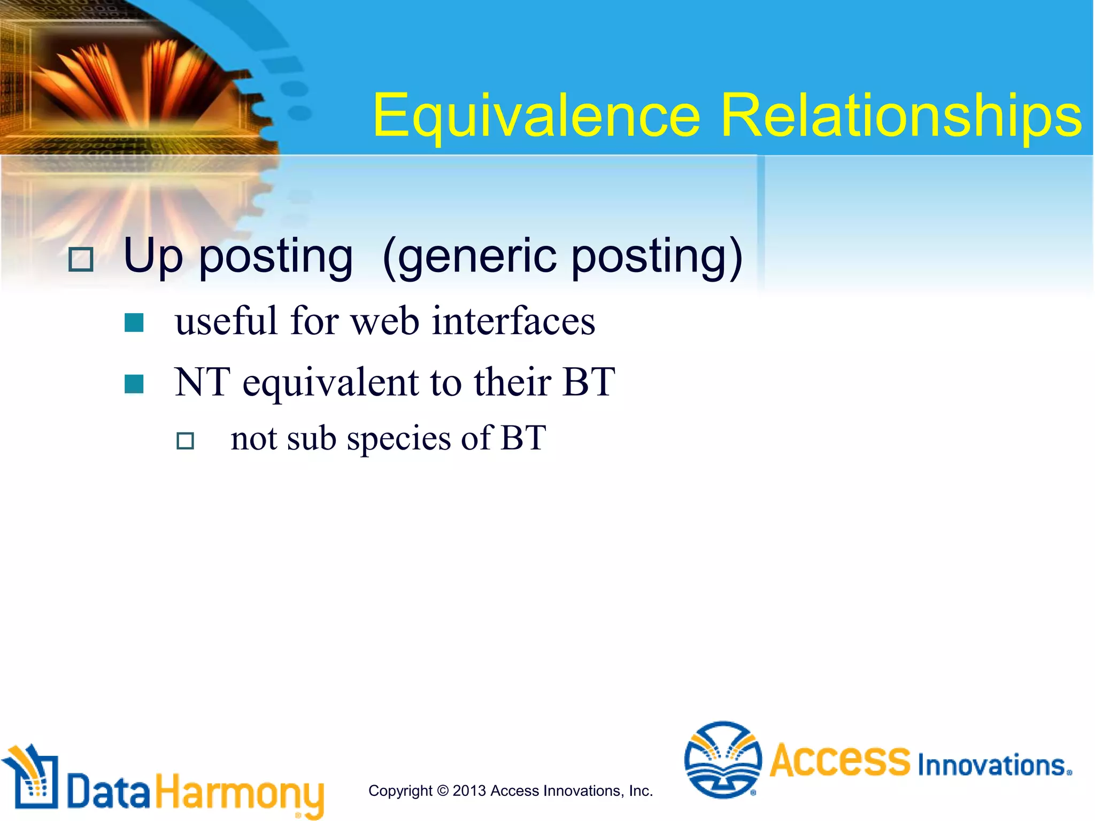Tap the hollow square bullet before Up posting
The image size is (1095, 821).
81,260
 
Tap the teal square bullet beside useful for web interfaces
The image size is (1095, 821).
134,323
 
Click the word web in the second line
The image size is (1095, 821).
384,322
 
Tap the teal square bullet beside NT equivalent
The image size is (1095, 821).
134,384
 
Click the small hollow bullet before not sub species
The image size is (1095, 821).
185,441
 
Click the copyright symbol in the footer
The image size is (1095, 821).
442,791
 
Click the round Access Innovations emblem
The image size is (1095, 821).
723,760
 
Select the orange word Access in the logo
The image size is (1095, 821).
839,760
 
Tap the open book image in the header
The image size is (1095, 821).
139,86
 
